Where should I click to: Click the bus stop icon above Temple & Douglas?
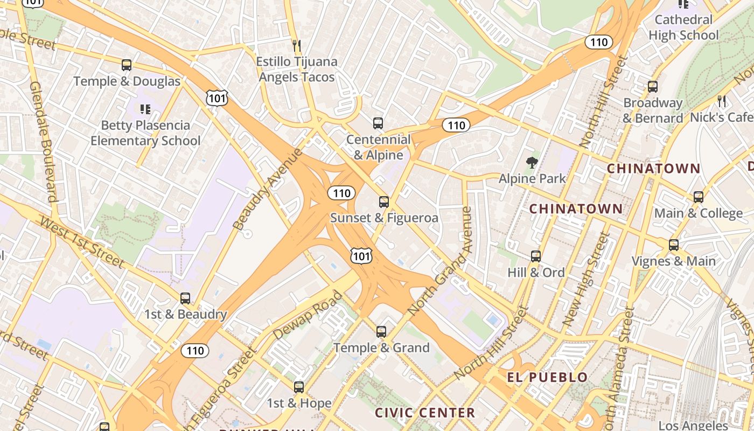click(x=127, y=65)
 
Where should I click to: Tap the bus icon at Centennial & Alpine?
click(x=378, y=123)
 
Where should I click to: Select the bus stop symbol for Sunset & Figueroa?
click(x=384, y=202)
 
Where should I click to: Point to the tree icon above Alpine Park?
click(x=532, y=162)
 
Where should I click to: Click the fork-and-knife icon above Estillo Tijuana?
click(x=296, y=45)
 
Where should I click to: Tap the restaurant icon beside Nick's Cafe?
click(x=722, y=101)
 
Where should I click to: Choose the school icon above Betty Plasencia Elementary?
click(x=145, y=109)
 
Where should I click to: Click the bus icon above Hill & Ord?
click(x=536, y=256)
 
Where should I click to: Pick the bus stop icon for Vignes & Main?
click(x=674, y=245)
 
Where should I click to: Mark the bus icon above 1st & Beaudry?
click(x=185, y=298)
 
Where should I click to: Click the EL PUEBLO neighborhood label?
click(x=547, y=377)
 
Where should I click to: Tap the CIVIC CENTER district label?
click(x=425, y=413)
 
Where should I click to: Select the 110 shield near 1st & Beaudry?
click(x=194, y=351)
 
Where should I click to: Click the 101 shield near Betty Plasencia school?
click(x=217, y=98)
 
